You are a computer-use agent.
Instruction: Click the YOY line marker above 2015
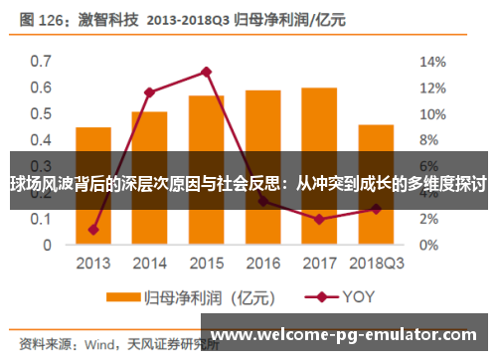pos(206,72)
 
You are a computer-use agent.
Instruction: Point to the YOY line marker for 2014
pos(149,92)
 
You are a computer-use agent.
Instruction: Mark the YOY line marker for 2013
pos(92,230)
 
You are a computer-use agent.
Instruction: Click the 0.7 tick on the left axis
pos(40,61)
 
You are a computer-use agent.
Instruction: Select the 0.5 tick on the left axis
pos(40,113)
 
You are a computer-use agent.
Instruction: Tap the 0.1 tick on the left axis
pos(40,218)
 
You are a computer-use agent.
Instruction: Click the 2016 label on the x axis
pos(262,264)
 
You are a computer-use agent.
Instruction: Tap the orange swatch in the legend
pos(123,296)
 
